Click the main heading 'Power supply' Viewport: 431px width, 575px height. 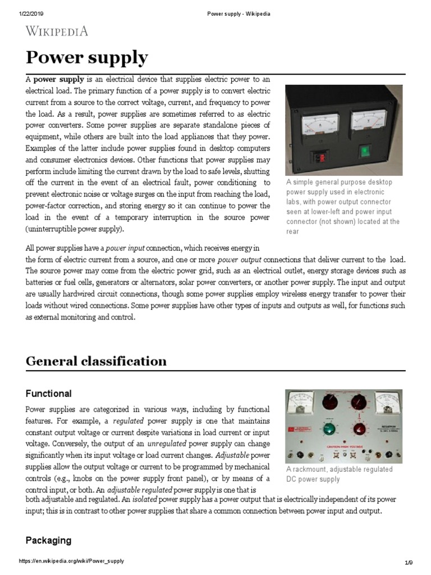click(x=87, y=58)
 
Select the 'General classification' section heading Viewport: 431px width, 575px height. click(x=96, y=360)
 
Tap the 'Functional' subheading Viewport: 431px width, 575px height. click(x=49, y=393)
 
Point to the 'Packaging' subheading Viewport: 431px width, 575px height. click(x=48, y=540)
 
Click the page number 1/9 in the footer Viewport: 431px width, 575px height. click(x=409, y=563)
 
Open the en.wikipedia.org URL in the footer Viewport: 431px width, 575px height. click(x=71, y=562)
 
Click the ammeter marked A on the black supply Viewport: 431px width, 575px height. click(x=320, y=121)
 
